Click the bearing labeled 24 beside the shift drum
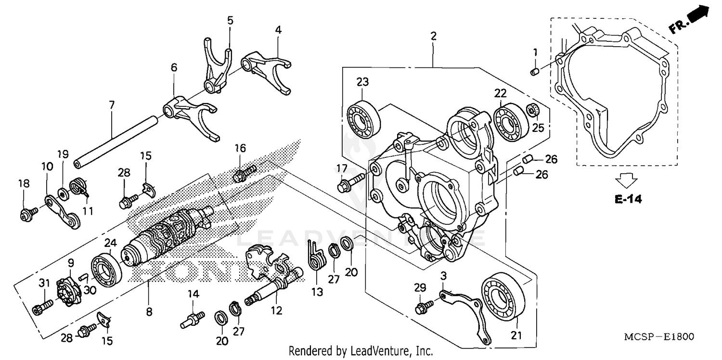pyautogui.click(x=106, y=270)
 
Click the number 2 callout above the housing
pyautogui.click(x=433, y=36)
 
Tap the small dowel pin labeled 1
pyautogui.click(x=533, y=72)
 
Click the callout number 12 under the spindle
pyautogui.click(x=276, y=311)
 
